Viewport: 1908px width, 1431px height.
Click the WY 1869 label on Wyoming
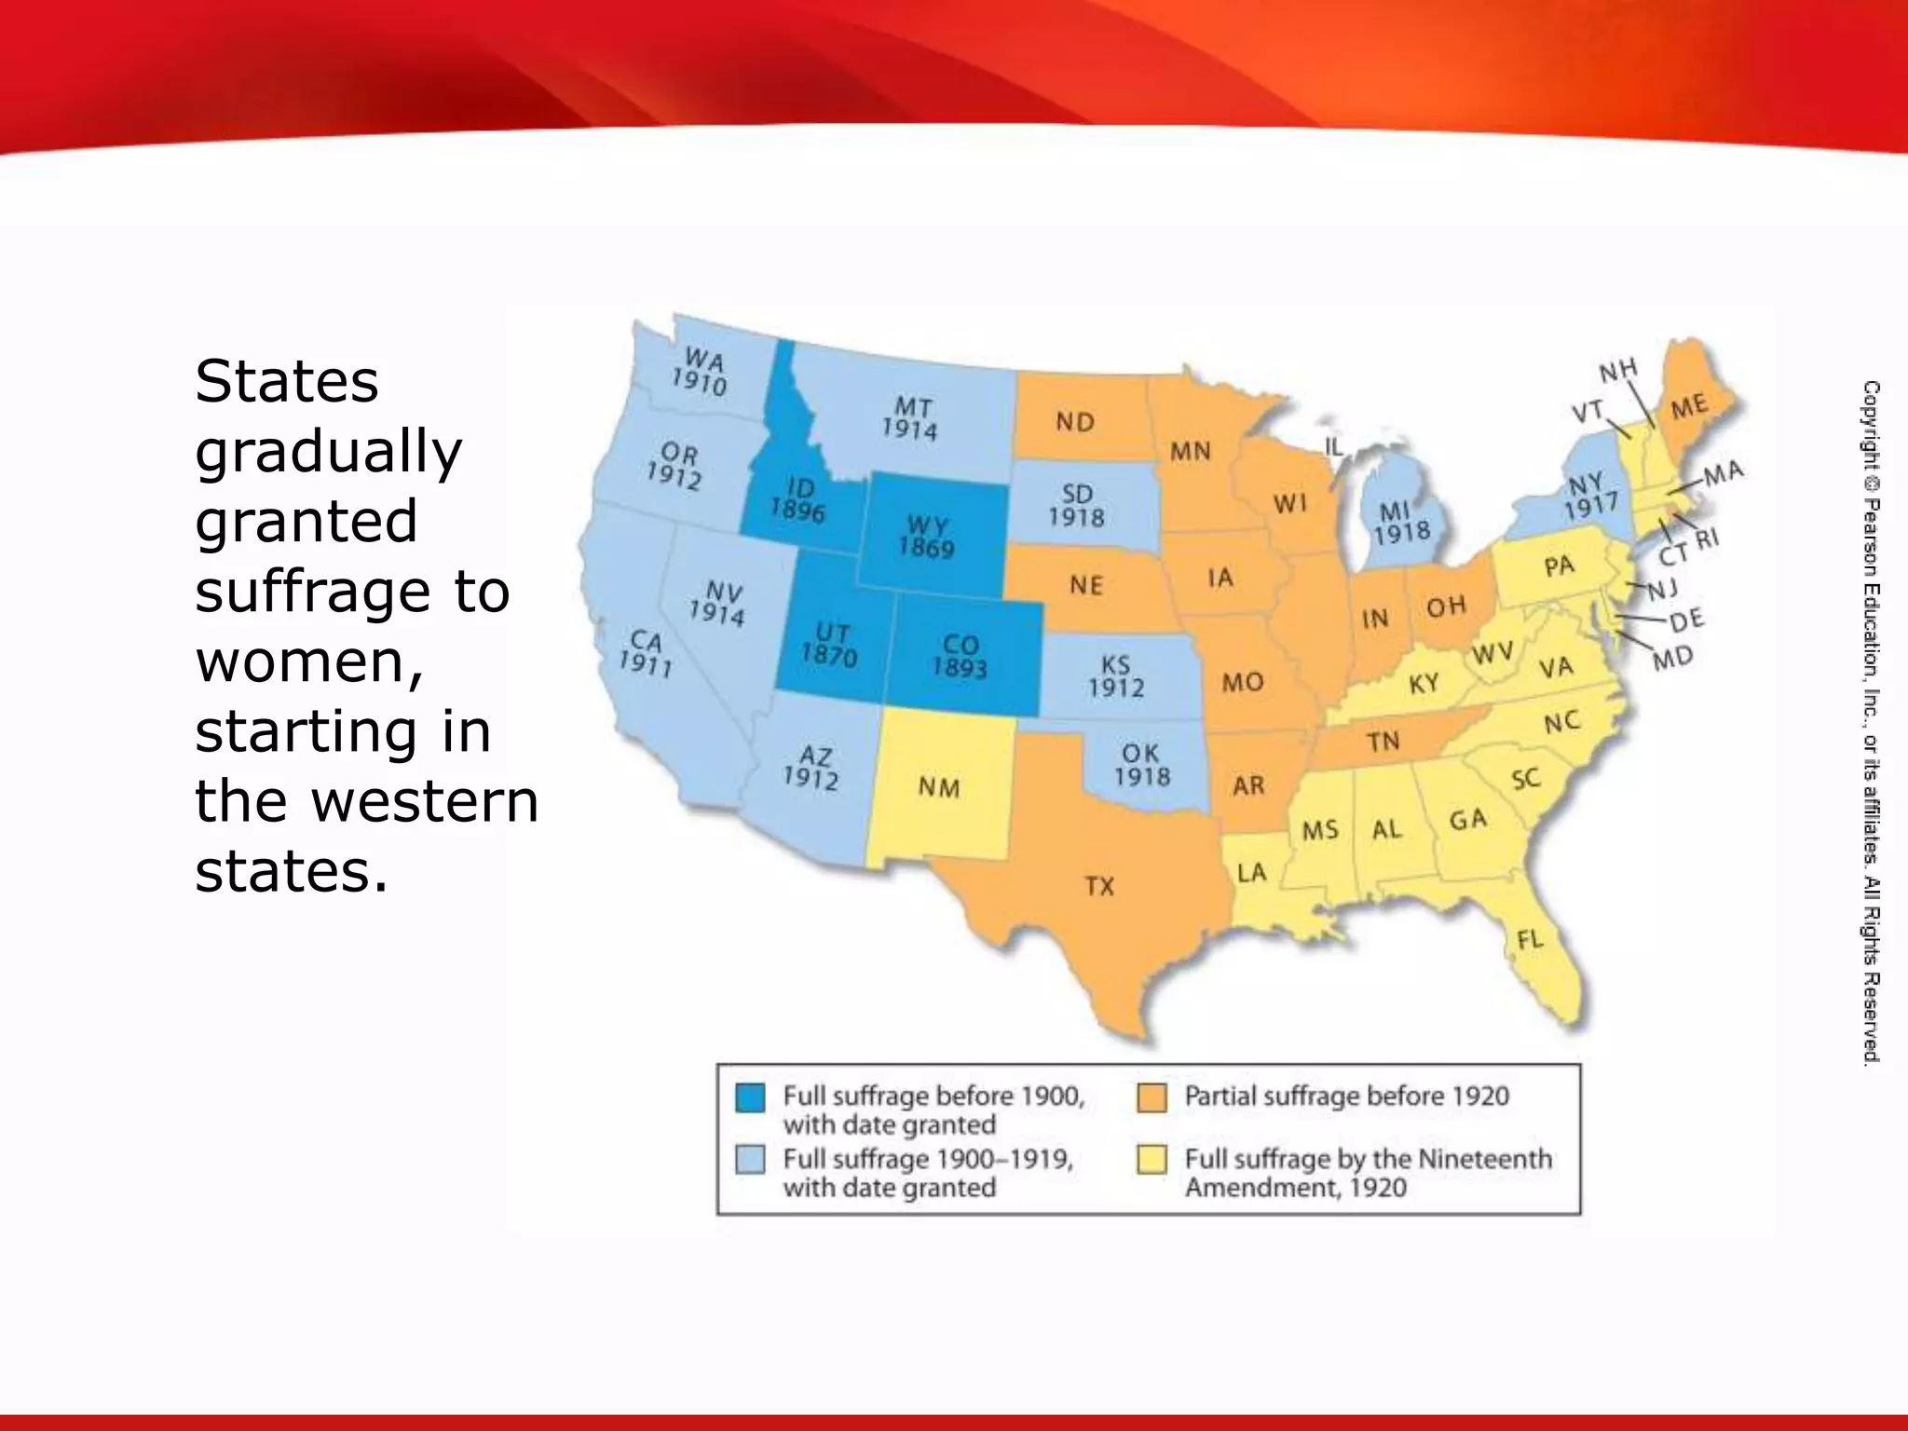(926, 538)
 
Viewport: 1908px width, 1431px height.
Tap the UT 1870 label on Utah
(829, 646)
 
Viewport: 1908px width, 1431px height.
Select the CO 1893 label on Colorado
(960, 656)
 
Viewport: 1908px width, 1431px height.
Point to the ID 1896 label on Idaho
(797, 499)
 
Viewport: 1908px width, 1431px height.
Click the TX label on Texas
(1099, 885)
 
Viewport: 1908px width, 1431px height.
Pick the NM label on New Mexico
(938, 787)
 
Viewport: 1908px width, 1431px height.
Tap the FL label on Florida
(1530, 939)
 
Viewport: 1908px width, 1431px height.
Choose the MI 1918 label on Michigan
(1401, 521)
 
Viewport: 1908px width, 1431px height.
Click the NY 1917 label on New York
(1590, 496)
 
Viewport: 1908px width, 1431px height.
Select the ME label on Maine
(1688, 407)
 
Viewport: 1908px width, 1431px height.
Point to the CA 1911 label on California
(646, 652)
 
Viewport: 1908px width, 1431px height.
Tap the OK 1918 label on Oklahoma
(1141, 764)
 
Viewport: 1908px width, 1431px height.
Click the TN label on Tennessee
(1383, 741)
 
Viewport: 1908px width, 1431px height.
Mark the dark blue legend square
(750, 1097)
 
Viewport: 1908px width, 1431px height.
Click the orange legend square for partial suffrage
(1152, 1097)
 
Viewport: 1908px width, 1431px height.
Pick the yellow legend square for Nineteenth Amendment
(1152, 1160)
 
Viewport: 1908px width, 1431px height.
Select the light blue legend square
(750, 1160)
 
